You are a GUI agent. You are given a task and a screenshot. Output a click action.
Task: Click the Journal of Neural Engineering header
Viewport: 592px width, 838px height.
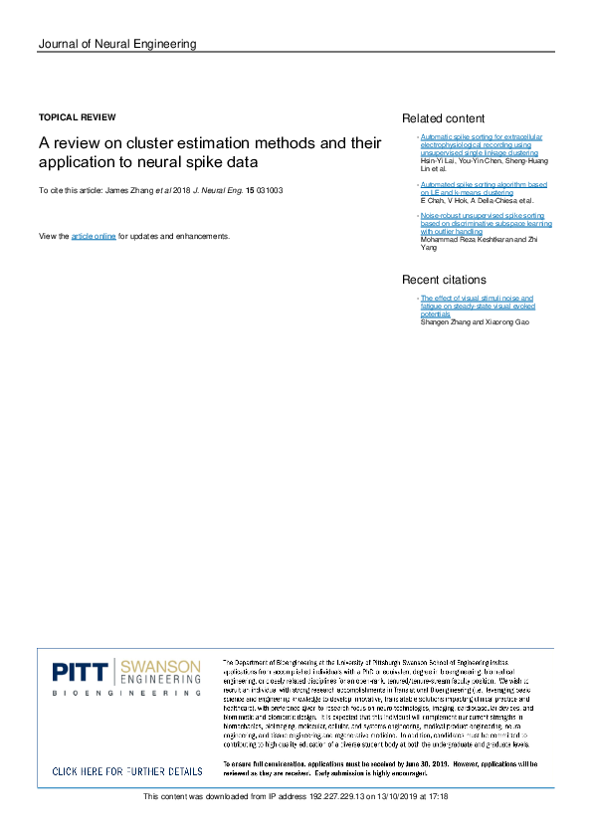[116, 44]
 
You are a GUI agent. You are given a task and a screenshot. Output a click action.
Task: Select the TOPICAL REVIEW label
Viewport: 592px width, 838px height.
[77, 117]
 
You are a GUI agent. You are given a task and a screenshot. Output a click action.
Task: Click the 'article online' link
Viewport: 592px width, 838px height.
[94, 236]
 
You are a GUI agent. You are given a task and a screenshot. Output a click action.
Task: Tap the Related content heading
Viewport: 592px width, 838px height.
[443, 118]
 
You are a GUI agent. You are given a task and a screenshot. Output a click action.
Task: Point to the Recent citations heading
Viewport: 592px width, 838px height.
[444, 280]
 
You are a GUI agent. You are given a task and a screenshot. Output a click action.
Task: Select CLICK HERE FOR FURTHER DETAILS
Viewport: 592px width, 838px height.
[126, 771]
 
